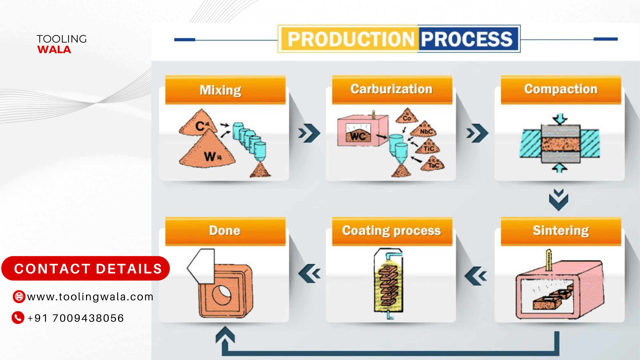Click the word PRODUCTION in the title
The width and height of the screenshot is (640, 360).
tap(350, 39)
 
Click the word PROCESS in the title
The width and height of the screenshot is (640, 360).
tap(467, 39)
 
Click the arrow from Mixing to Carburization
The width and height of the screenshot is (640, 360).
tap(309, 133)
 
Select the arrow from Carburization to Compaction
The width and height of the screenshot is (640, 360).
tap(477, 133)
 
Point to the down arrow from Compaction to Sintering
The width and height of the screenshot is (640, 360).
tap(559, 200)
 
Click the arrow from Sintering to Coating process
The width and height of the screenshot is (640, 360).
tap(476, 276)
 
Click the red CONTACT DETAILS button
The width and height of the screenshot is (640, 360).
tap(86, 269)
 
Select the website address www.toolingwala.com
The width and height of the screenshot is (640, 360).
tap(90, 297)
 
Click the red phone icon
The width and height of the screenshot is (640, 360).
tap(18, 317)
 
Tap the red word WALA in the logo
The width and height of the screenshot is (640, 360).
tap(54, 50)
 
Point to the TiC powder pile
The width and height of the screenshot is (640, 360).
tap(429, 147)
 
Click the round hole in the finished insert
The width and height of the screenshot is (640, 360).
tap(221, 295)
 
